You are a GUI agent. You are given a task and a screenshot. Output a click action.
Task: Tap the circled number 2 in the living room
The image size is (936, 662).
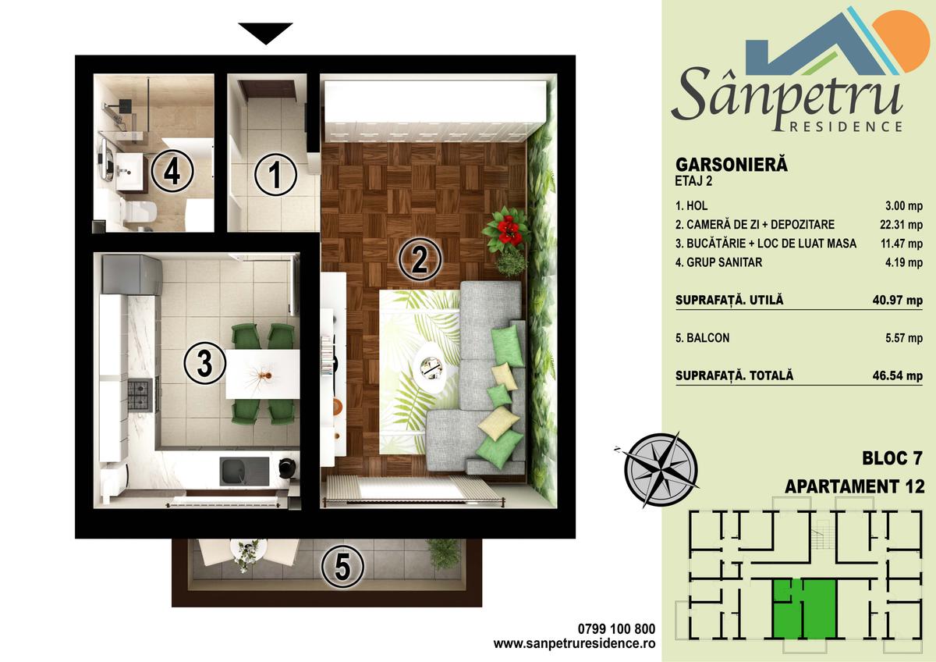420,259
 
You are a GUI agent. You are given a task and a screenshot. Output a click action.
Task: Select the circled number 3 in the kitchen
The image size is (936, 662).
205,365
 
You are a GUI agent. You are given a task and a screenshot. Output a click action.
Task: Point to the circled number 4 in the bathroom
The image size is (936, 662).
172,172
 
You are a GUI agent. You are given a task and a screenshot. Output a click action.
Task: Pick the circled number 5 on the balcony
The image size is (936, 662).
343,566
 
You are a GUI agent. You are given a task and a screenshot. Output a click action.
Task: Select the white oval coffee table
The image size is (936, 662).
430,363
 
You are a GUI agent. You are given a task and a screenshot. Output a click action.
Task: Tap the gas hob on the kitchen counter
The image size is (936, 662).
140,394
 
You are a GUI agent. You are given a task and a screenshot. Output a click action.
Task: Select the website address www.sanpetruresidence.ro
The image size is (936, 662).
575,644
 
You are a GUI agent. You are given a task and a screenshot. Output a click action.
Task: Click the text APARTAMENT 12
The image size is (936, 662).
854,487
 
